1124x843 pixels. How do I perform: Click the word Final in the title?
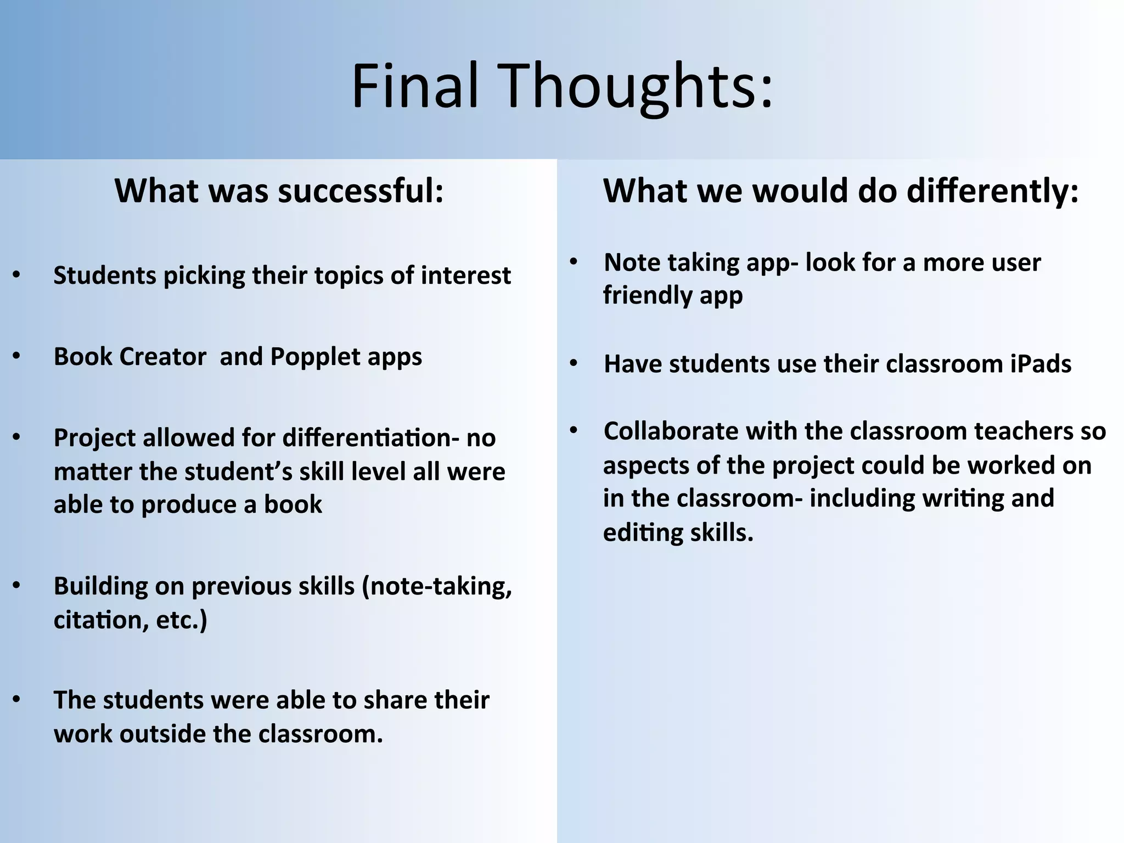(x=415, y=86)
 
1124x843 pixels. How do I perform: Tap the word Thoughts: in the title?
(x=637, y=86)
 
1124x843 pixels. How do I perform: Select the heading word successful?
(x=361, y=191)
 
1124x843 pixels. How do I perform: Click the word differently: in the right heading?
(x=992, y=191)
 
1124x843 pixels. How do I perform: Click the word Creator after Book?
(x=163, y=357)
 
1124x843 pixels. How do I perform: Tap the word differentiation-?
(x=371, y=438)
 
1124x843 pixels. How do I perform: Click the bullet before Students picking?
(x=16, y=274)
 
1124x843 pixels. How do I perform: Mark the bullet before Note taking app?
(x=574, y=262)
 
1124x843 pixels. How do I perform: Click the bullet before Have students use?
(x=574, y=363)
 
